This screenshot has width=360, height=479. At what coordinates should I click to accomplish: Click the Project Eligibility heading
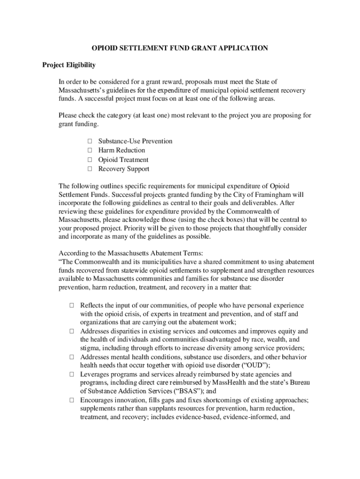[69, 65]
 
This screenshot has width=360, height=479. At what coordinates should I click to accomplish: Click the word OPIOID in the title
[105, 48]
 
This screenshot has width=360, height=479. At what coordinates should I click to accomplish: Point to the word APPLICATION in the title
[244, 48]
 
